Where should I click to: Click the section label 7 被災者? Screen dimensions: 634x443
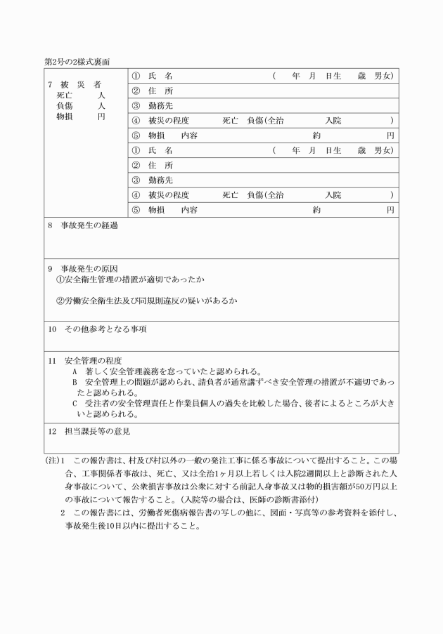[73, 84]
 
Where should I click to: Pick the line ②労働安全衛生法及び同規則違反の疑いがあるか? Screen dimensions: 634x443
[146, 301]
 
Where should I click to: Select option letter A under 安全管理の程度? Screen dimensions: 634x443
[75, 371]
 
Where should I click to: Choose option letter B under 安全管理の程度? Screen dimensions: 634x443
[75, 382]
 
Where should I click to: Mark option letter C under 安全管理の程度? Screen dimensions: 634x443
[75, 404]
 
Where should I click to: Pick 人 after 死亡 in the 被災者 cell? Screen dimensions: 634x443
[101, 95]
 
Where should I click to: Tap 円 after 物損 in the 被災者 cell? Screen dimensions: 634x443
[101, 116]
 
